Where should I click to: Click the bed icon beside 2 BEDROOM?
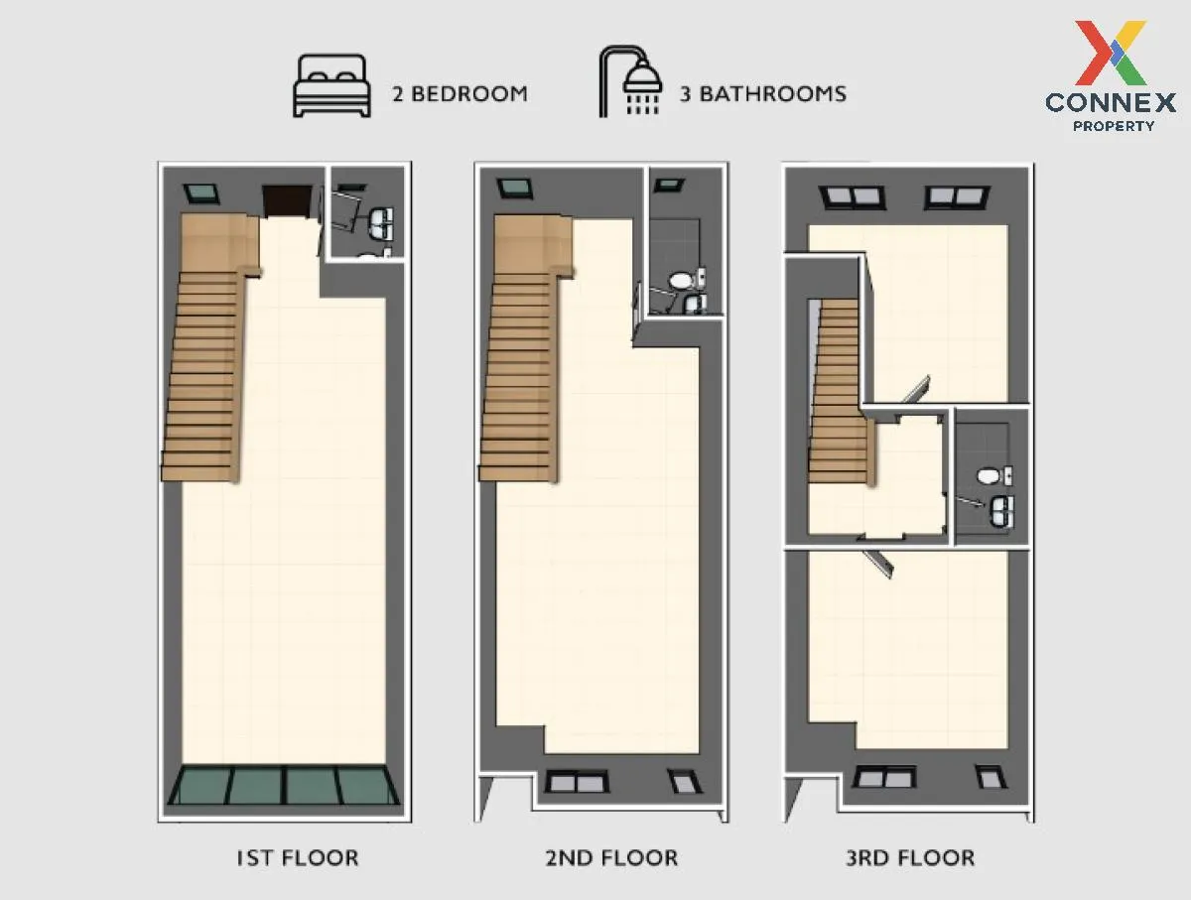click(x=331, y=86)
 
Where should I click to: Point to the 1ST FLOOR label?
click(x=297, y=858)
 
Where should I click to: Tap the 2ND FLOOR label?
click(x=611, y=858)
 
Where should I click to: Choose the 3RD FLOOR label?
click(x=910, y=858)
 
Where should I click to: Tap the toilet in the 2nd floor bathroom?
click(x=681, y=281)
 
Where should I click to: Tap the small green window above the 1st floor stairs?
click(x=201, y=193)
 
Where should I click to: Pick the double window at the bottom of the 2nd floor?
click(x=576, y=781)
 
